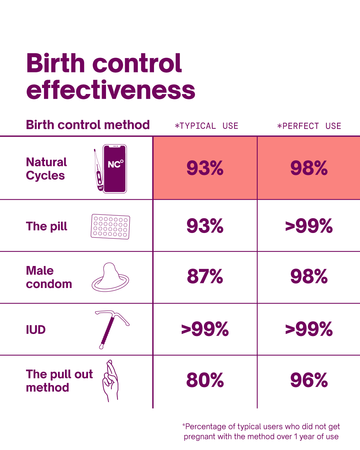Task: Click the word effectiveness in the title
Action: (111, 90)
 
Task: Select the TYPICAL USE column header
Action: (206, 126)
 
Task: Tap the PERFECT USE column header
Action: (309, 126)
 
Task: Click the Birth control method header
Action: (88, 125)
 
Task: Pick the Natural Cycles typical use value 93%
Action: (205, 168)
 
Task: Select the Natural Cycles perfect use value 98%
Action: (309, 168)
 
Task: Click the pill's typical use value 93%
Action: (205, 226)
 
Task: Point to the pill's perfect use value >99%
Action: (309, 226)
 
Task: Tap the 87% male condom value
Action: (205, 276)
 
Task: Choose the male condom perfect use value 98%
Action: (309, 276)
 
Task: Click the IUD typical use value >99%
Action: (205, 329)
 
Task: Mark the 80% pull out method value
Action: (205, 380)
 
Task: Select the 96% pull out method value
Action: (309, 380)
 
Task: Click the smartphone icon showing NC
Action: (115, 169)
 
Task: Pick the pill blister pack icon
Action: (110, 226)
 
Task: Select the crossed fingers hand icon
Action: (111, 381)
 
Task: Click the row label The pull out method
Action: (59, 381)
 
